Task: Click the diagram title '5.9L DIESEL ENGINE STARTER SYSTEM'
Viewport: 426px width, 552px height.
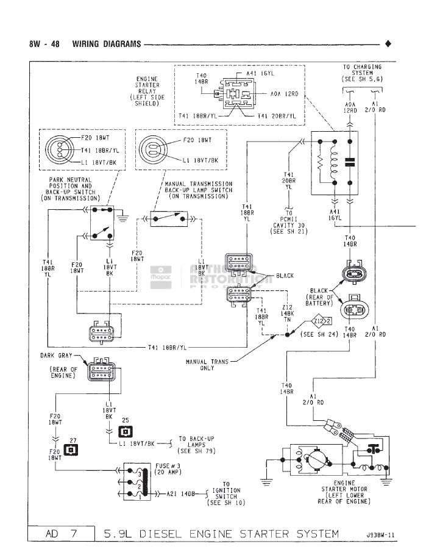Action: [x=222, y=534]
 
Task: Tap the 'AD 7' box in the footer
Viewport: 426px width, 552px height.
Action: [x=61, y=534]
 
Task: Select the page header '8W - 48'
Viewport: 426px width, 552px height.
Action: [x=44, y=44]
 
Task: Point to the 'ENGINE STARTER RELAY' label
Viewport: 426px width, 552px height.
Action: [x=147, y=90]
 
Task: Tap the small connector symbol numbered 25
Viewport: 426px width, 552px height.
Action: [x=125, y=432]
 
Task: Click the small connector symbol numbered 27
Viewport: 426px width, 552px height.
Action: [x=71, y=451]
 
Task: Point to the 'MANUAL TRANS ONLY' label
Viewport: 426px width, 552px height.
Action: [x=207, y=365]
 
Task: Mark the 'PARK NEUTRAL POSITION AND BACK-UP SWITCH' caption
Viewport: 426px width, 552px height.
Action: [x=71, y=188]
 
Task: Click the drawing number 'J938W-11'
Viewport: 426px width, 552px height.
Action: [x=380, y=536]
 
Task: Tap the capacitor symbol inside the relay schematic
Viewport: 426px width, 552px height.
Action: [x=349, y=162]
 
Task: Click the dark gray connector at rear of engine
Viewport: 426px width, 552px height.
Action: [x=101, y=370]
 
